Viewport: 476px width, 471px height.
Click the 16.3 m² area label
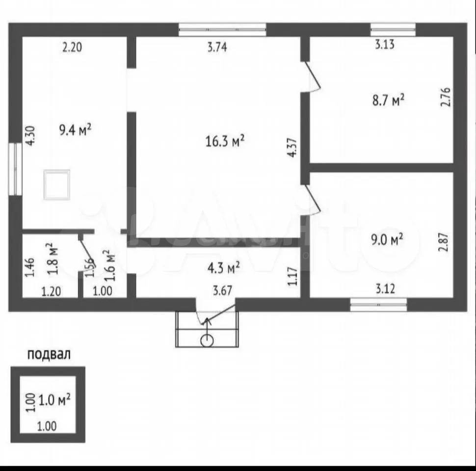[225, 141]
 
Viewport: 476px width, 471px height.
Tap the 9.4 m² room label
[75, 130]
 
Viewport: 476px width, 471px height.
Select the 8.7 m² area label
[388, 100]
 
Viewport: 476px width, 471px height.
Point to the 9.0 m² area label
[387, 240]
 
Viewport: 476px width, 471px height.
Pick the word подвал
[49, 354]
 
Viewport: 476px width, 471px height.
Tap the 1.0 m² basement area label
[54, 400]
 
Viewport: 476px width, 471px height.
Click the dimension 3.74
[217, 47]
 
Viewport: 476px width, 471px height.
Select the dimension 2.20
[72, 47]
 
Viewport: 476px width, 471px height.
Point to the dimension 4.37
[292, 148]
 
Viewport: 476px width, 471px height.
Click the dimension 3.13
[385, 44]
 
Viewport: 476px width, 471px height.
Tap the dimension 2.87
[443, 242]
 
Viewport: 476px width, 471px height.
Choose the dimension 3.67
[222, 290]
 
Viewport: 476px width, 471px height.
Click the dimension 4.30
[31, 136]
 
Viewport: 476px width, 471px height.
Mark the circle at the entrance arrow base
[207, 340]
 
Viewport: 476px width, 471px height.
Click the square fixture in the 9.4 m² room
[57, 184]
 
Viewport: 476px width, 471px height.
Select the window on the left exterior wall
[15, 169]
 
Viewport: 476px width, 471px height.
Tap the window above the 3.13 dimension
[393, 30]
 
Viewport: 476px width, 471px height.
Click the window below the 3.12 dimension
[378, 305]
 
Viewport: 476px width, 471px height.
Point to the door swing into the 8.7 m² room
[313, 76]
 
